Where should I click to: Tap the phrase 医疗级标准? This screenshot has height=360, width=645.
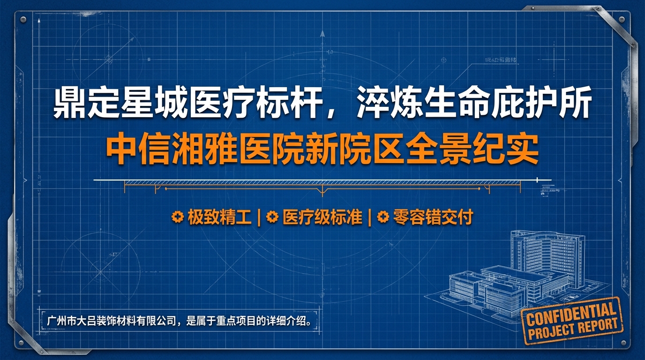(x=322, y=217)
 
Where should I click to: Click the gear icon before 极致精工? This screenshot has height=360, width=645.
(x=177, y=217)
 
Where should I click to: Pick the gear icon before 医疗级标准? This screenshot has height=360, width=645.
(x=271, y=217)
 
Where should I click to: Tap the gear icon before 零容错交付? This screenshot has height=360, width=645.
(x=383, y=217)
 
